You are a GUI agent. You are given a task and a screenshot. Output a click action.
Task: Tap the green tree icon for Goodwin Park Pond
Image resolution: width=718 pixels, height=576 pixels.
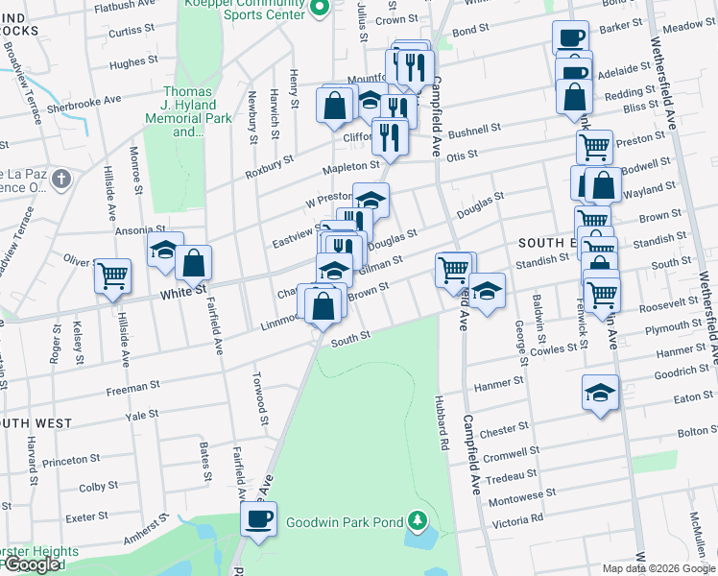417,520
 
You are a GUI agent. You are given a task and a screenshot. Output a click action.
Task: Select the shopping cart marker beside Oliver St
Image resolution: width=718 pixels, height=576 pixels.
112,276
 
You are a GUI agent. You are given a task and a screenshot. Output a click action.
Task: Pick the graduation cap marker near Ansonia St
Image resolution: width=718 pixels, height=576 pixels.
165,250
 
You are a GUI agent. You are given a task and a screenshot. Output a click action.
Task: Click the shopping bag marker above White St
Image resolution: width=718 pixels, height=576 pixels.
193,262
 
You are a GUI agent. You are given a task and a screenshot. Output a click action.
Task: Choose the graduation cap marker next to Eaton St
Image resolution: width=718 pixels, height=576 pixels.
601,392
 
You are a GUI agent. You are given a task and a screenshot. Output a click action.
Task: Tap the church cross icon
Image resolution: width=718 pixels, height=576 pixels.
61,179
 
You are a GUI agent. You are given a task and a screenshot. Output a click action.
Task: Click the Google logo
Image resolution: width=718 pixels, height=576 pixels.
32,564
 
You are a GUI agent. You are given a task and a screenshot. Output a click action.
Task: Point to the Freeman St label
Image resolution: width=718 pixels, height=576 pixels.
132,387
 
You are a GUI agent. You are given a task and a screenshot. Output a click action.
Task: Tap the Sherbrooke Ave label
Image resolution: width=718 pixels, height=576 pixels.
84,100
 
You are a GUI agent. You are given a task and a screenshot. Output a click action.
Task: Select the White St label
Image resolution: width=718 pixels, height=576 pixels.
183,291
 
